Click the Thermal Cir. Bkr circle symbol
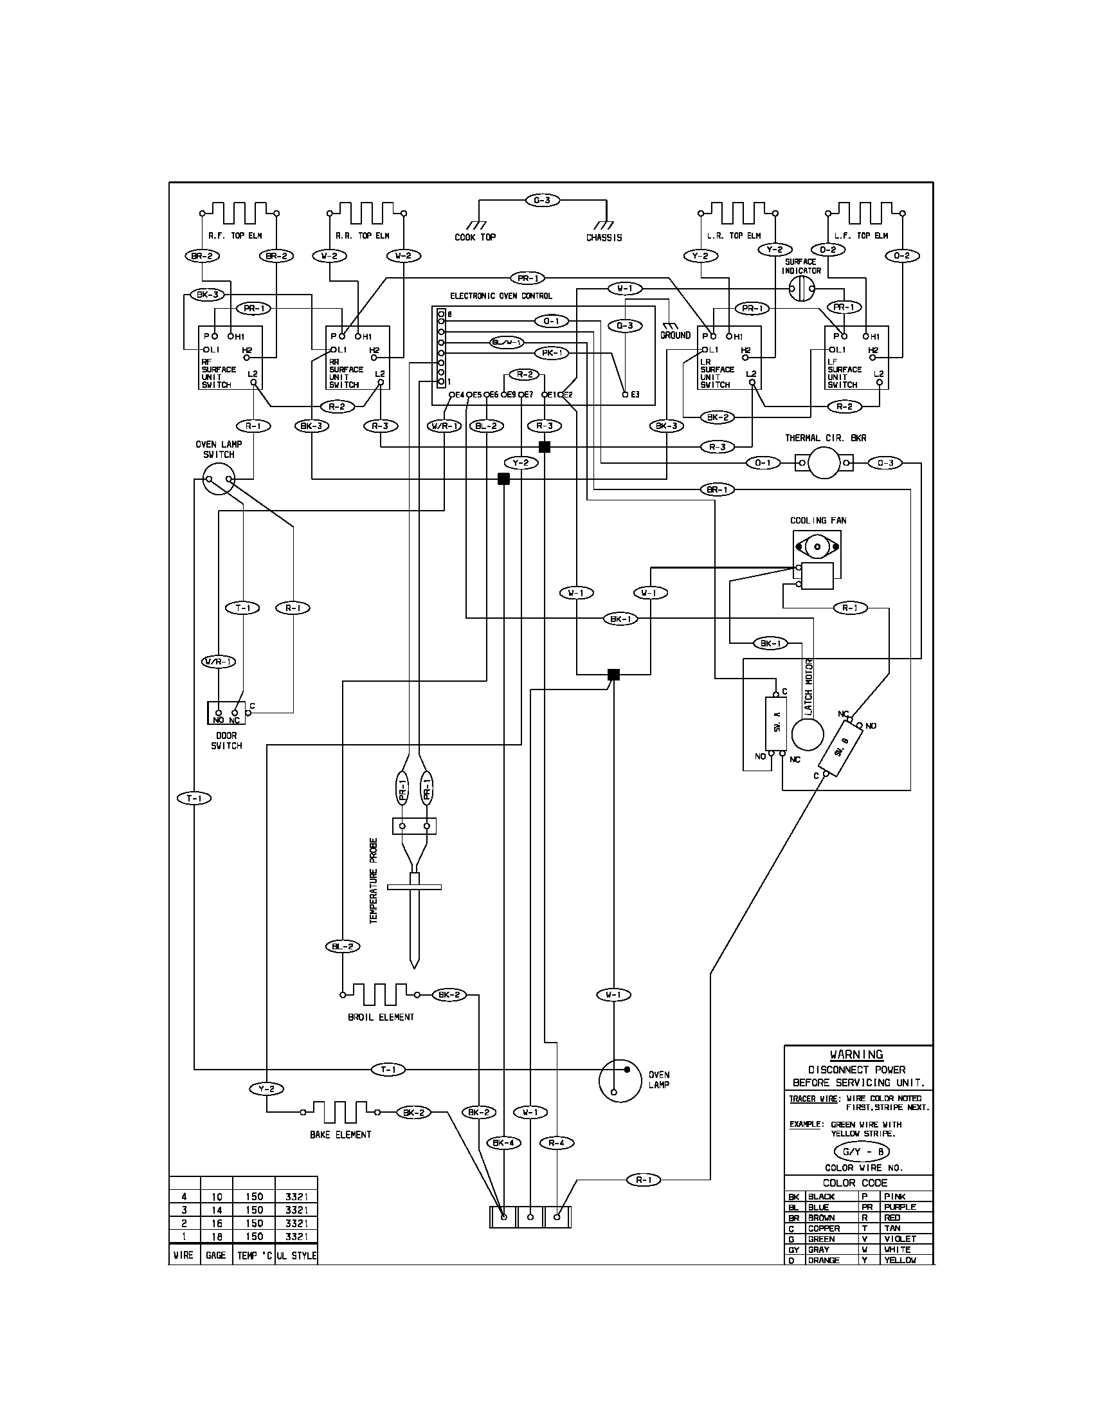pyautogui.click(x=824, y=462)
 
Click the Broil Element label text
pyautogui.click(x=381, y=1016)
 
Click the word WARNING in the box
pyautogui.click(x=856, y=1054)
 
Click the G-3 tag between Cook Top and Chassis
pyautogui.click(x=542, y=200)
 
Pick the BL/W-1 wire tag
pyautogui.click(x=507, y=342)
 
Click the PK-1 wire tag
pyautogui.click(x=551, y=353)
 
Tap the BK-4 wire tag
pyautogui.click(x=503, y=1143)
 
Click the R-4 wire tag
pyautogui.click(x=556, y=1143)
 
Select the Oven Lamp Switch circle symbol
pyautogui.click(x=219, y=479)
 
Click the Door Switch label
pyautogui.click(x=226, y=740)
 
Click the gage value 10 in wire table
pyautogui.click(x=216, y=1197)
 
